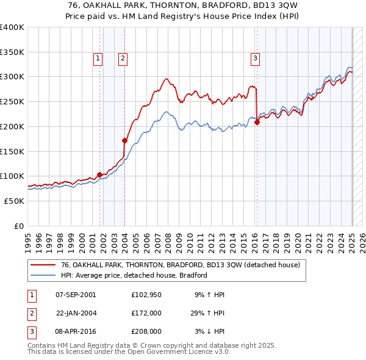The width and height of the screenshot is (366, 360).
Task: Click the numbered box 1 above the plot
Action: [x=98, y=59]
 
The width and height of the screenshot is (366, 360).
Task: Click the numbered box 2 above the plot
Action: [x=123, y=59]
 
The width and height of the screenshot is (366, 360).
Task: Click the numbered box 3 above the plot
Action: [x=255, y=59]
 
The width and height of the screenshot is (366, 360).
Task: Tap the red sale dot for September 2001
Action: [x=99, y=175]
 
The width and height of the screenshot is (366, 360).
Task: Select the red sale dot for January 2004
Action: [x=124, y=140]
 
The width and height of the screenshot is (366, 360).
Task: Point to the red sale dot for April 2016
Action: [x=257, y=122]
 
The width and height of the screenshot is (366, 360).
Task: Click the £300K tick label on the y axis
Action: [x=12, y=77]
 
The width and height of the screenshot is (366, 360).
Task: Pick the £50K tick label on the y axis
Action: [x=15, y=201]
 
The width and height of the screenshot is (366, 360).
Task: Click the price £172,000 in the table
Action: [x=146, y=313]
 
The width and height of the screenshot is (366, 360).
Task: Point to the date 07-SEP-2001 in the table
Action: [x=76, y=295]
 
